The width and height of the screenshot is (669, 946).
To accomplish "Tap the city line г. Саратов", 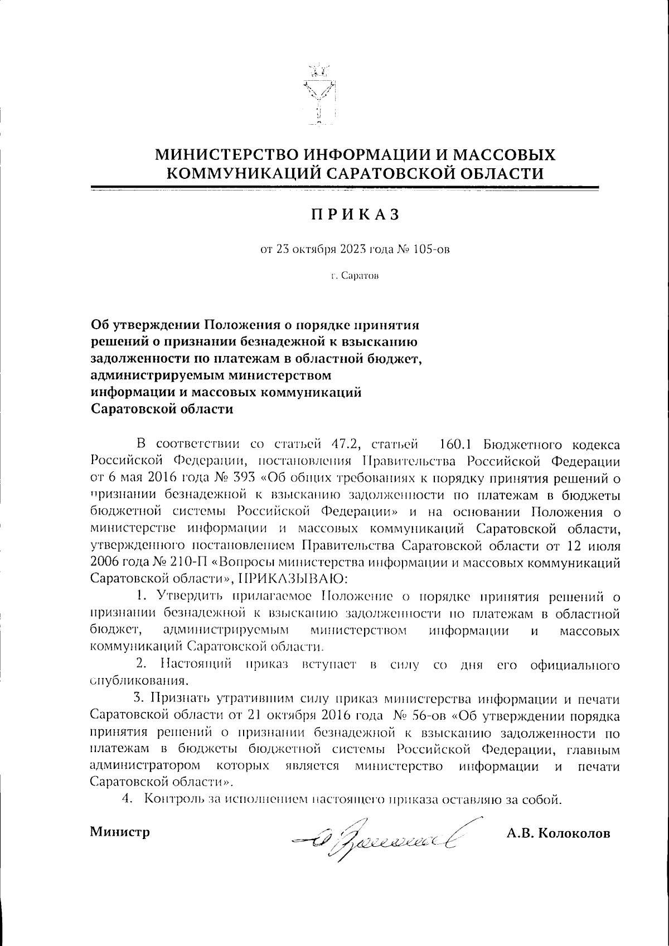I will [x=355, y=276].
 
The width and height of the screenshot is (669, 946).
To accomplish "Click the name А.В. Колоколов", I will [x=558, y=833].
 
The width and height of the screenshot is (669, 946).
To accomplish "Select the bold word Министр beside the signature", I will [x=120, y=832].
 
